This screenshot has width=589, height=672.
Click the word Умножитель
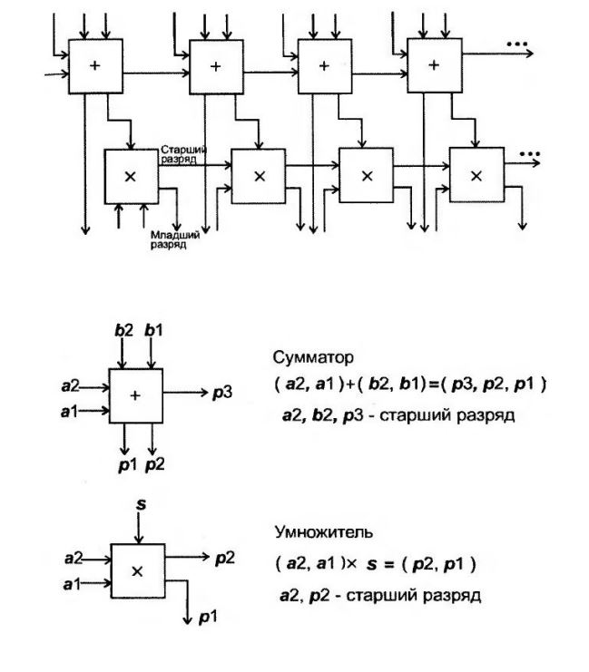[x=310, y=532]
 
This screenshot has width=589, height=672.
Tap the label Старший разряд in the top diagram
[x=184, y=153]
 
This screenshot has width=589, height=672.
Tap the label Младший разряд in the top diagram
[x=168, y=240]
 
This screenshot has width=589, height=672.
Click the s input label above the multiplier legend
[x=141, y=501]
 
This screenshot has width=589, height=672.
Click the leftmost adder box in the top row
[x=95, y=65]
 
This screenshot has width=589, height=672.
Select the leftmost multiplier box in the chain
[x=131, y=176]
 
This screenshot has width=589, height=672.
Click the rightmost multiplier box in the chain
[x=476, y=175]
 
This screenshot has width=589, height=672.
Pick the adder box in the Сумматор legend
[x=135, y=394]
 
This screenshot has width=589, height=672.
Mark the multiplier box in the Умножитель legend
[x=137, y=570]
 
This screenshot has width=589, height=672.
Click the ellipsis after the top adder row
[x=518, y=44]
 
